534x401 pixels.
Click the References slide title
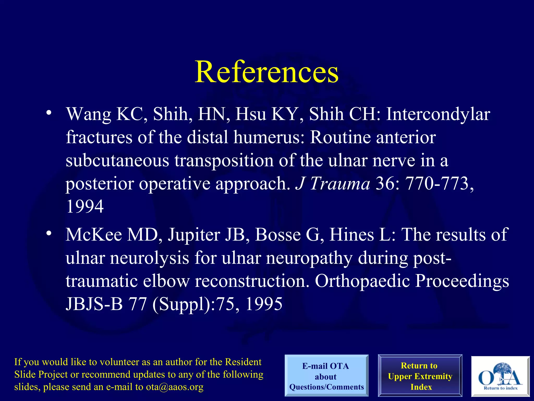coord(266,72)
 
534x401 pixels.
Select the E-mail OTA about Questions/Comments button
coord(326,376)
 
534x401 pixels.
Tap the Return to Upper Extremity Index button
coord(420,376)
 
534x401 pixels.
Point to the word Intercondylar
coord(438,114)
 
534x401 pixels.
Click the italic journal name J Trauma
coord(333,183)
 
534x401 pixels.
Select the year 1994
coord(85,206)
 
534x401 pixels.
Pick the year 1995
coord(264,304)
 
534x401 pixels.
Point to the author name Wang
coord(89,114)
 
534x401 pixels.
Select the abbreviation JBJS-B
coord(94,304)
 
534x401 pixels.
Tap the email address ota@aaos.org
coord(174,387)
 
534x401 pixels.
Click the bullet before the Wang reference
coord(48,113)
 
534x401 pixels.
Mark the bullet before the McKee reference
coord(48,233)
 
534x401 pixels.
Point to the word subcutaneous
coord(117,160)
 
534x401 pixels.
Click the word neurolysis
coord(149,258)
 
